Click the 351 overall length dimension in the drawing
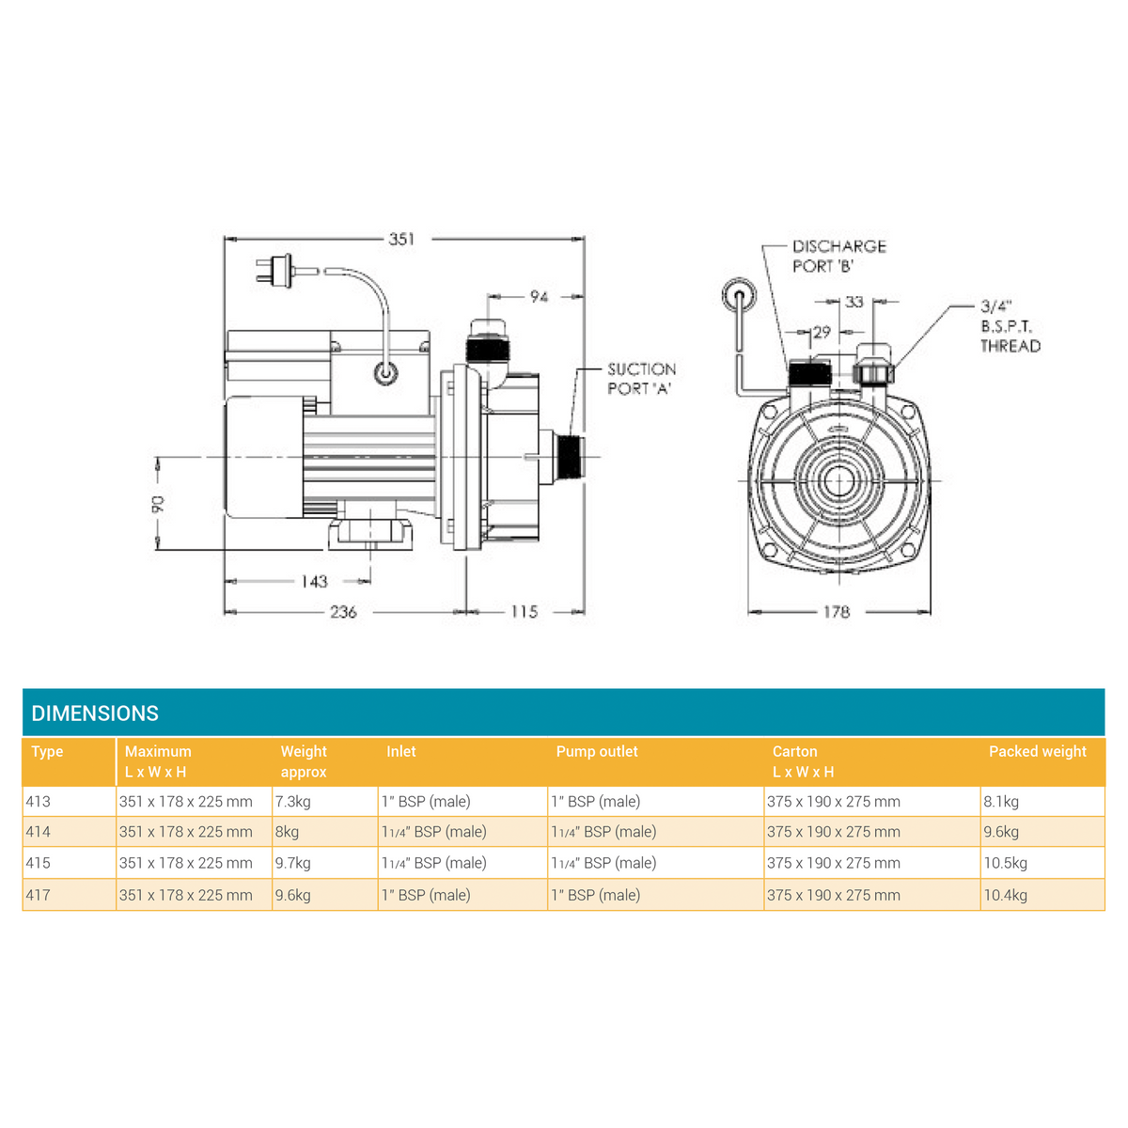pyautogui.click(x=401, y=239)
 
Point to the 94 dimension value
pyautogui.click(x=539, y=297)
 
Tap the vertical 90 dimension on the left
pyautogui.click(x=158, y=503)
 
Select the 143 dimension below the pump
pyautogui.click(x=314, y=582)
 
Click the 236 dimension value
pyautogui.click(x=343, y=612)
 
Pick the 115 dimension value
pyautogui.click(x=524, y=612)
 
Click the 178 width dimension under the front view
pyautogui.click(x=836, y=612)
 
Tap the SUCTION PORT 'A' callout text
pyautogui.click(x=641, y=379)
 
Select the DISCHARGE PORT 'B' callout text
pyautogui.click(x=838, y=256)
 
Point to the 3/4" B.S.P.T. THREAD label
pyautogui.click(x=1010, y=326)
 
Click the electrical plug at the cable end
pyautogui.click(x=275, y=270)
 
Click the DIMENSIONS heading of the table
pyautogui.click(x=95, y=713)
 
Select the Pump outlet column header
pyautogui.click(x=597, y=752)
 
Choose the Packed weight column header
pyautogui.click(x=1037, y=752)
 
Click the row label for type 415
pyautogui.click(x=39, y=863)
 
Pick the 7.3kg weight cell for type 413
pyautogui.click(x=293, y=802)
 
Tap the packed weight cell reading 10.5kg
pyautogui.click(x=1006, y=863)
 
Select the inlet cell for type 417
pyautogui.click(x=426, y=895)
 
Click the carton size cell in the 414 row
pyautogui.click(x=833, y=832)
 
